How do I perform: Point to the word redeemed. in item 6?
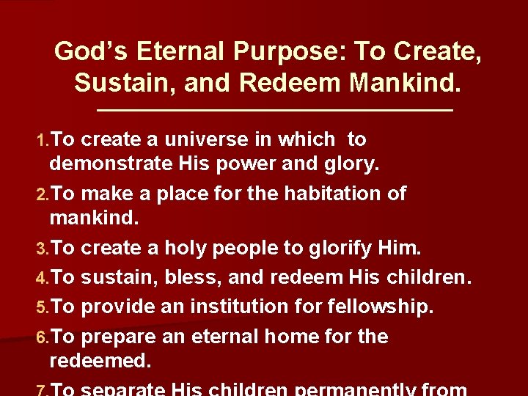pos(99,361)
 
